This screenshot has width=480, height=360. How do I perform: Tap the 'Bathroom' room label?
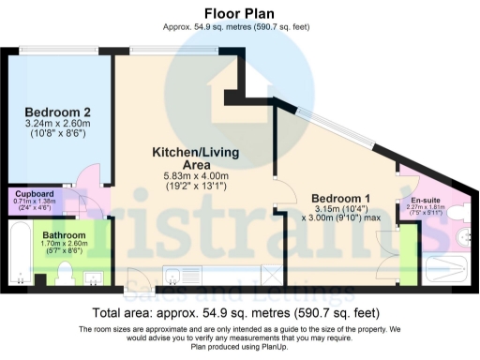pos(64,234)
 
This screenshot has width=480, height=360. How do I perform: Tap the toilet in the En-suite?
pos(459,213)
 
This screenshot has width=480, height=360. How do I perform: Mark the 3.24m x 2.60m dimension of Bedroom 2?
pos(58,122)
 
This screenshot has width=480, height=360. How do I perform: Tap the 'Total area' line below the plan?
pos(239,313)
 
